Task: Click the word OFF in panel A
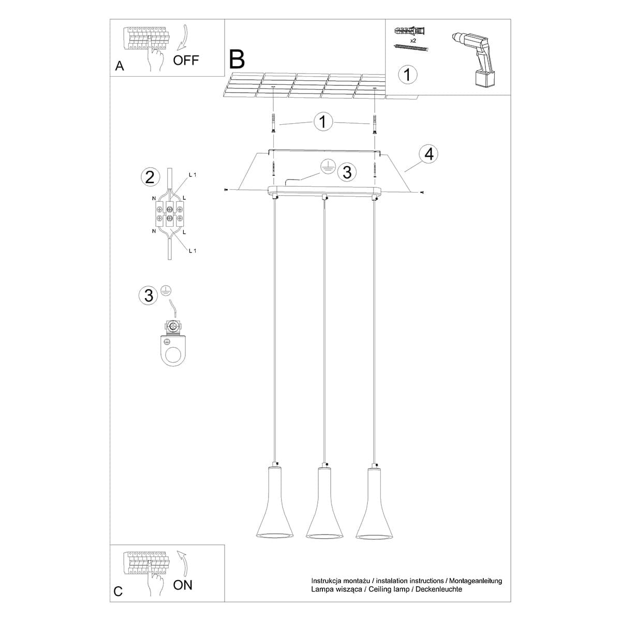pyautogui.click(x=186, y=60)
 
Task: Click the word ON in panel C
pyautogui.click(x=183, y=585)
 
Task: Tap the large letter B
pyautogui.click(x=236, y=60)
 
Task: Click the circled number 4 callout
pyautogui.click(x=428, y=154)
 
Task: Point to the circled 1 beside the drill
pyautogui.click(x=407, y=74)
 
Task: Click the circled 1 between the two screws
pyautogui.click(x=323, y=122)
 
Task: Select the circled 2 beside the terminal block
pyautogui.click(x=150, y=178)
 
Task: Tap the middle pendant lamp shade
pyautogui.click(x=324, y=505)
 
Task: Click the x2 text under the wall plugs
pyautogui.click(x=413, y=40)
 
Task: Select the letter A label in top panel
pyautogui.click(x=120, y=66)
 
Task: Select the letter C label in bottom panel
pyautogui.click(x=119, y=591)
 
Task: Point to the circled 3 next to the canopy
pyautogui.click(x=347, y=172)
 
